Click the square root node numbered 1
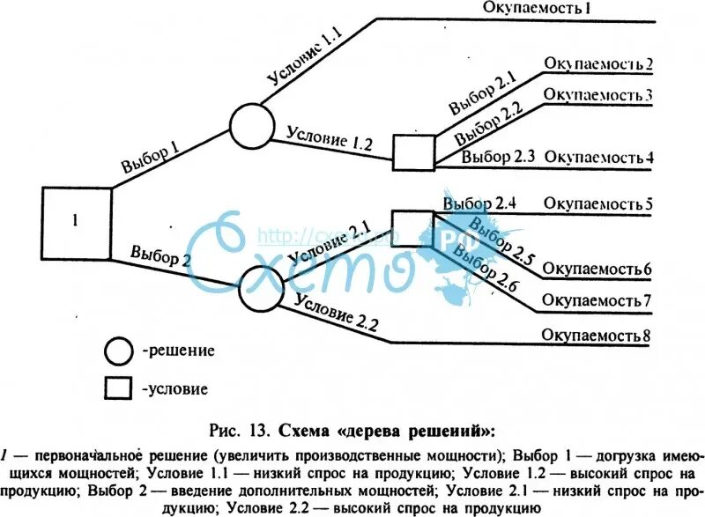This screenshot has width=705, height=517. pyautogui.click(x=77, y=223)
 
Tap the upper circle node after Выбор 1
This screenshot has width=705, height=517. pyautogui.click(x=252, y=125)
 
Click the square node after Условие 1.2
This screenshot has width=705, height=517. pyautogui.click(x=413, y=151)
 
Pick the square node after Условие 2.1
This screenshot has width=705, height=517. pyautogui.click(x=412, y=228)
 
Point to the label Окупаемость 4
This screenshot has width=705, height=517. pyautogui.click(x=598, y=158)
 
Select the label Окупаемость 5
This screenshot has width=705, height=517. pyautogui.click(x=598, y=205)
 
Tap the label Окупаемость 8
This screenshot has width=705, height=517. pyautogui.click(x=597, y=336)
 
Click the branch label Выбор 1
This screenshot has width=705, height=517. pyautogui.click(x=151, y=156)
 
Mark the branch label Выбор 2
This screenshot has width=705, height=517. pyautogui.click(x=160, y=255)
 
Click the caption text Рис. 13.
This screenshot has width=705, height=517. pyautogui.click(x=242, y=431)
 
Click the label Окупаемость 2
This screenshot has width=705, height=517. pyautogui.click(x=598, y=63)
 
